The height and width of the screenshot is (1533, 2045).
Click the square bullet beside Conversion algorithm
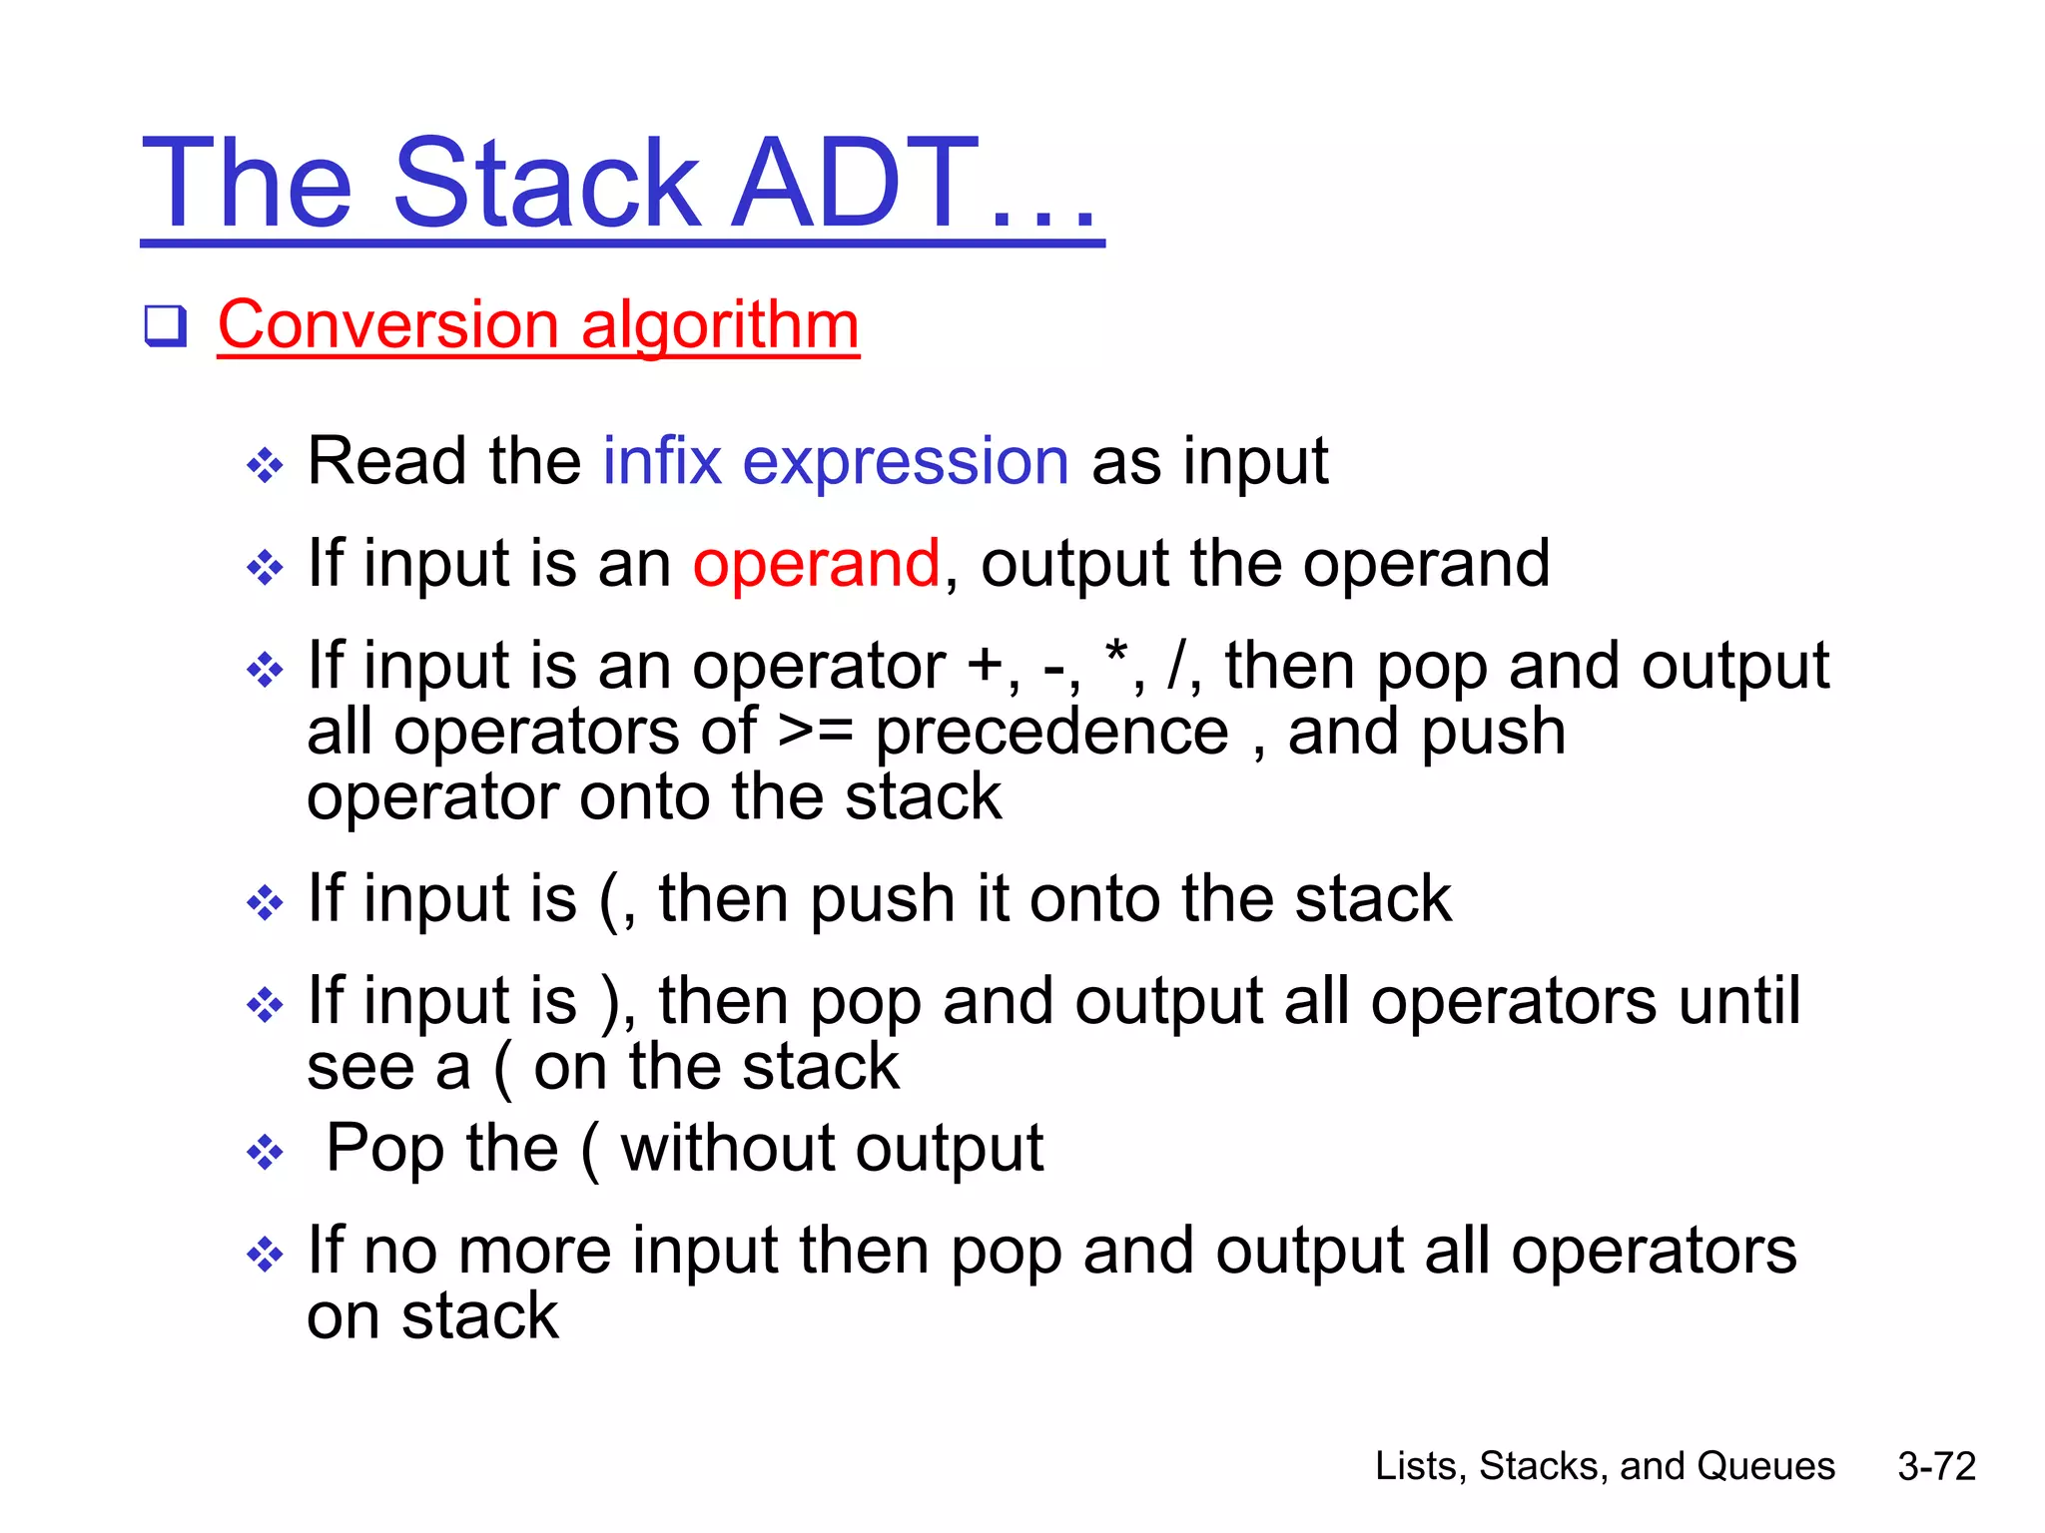pos(165,326)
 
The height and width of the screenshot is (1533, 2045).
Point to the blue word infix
pos(661,461)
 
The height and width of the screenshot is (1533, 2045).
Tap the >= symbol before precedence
pos(815,732)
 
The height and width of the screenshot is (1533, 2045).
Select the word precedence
pos(1051,734)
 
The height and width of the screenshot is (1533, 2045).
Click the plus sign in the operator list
pos(986,667)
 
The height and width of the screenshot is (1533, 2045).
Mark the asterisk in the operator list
pos(1116,656)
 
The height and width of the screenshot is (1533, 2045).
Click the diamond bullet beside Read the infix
pos(265,465)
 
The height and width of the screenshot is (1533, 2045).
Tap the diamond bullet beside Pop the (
pos(265,1153)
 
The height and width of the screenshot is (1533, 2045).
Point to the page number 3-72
pos(1936,1466)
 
